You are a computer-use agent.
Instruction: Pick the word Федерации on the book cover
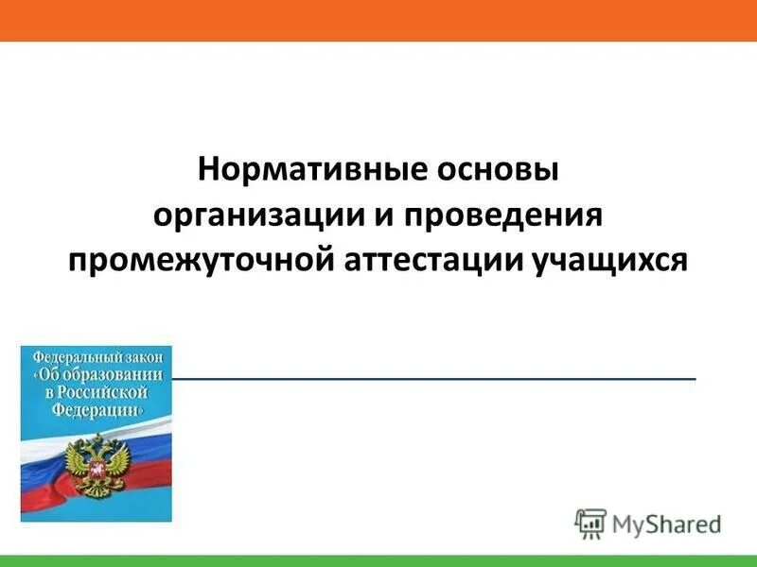click(x=99, y=411)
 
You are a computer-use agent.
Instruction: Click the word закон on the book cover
click(x=147, y=357)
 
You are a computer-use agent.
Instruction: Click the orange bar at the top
click(x=378, y=20)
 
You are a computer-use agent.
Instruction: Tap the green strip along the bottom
click(x=378, y=560)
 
